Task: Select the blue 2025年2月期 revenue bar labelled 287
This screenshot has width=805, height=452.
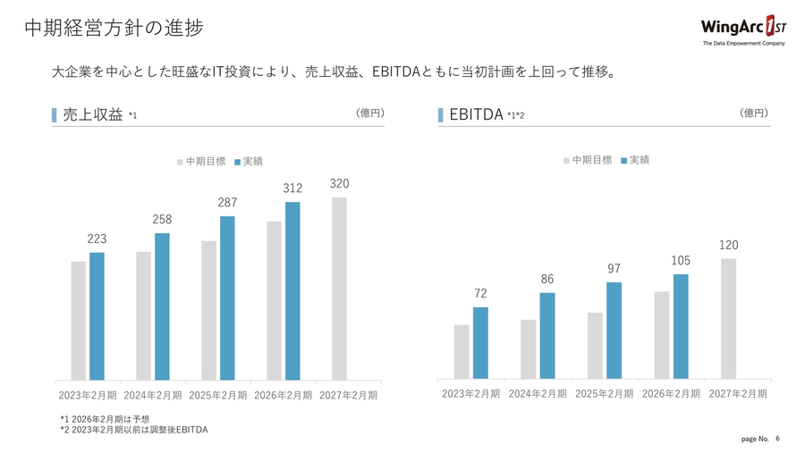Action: click(x=227, y=298)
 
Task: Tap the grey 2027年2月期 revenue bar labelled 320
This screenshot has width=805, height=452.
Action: click(x=339, y=289)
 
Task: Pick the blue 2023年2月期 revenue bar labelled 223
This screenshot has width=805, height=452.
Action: click(x=97, y=316)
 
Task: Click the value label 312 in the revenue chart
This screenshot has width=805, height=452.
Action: click(x=292, y=188)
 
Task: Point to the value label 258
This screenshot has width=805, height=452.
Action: click(x=162, y=219)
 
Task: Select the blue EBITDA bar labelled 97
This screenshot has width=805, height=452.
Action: click(x=614, y=330)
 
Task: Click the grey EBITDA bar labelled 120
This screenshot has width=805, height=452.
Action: click(x=728, y=318)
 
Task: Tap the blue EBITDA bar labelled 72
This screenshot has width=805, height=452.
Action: click(x=480, y=342)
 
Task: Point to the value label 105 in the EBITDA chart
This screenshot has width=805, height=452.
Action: click(x=681, y=260)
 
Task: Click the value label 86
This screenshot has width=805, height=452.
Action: click(x=547, y=280)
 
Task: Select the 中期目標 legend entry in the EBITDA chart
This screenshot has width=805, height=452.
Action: click(x=588, y=160)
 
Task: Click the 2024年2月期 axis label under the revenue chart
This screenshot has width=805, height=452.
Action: click(x=153, y=395)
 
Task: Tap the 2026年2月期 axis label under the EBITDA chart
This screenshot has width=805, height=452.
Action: click(x=671, y=394)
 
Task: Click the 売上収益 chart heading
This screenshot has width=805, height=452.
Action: click(x=92, y=114)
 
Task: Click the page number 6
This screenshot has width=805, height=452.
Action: click(x=777, y=439)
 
